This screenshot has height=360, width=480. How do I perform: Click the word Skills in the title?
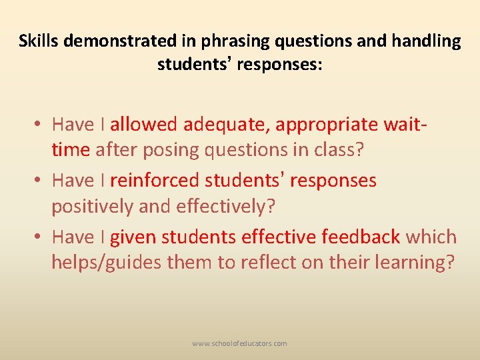37,41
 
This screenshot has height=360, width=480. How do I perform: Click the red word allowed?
144,125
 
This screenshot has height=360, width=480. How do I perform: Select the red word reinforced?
155,181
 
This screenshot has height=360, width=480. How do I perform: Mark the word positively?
92,207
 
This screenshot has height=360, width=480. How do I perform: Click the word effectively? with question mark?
226,207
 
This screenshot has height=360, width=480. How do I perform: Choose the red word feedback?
361,237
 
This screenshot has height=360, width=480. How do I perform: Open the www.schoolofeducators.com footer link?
239,343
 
